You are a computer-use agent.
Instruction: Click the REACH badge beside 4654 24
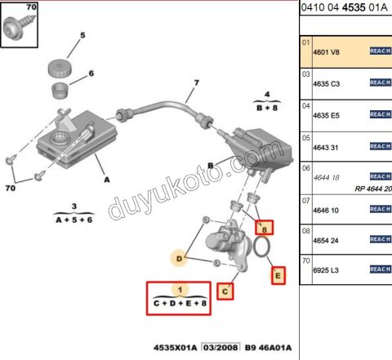[x=381, y=239]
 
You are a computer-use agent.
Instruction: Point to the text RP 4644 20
[x=372, y=189]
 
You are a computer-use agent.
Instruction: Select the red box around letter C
[x=225, y=290]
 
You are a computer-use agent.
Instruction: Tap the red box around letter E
[x=278, y=275]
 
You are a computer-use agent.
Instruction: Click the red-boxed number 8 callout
[x=263, y=228]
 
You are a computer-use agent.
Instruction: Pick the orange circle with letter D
[x=179, y=260]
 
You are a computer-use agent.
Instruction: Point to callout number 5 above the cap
[x=82, y=36]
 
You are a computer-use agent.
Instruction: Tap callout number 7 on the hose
[x=196, y=83]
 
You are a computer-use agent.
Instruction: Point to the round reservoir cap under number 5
[x=56, y=66]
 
